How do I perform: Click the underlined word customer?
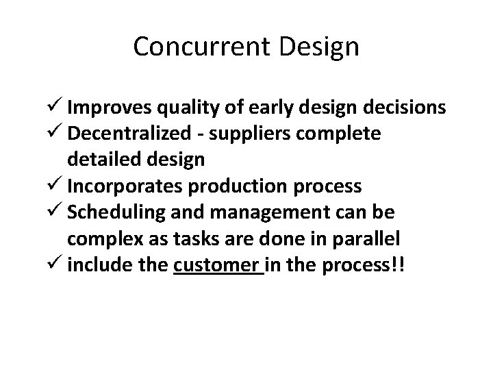click(218, 264)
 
